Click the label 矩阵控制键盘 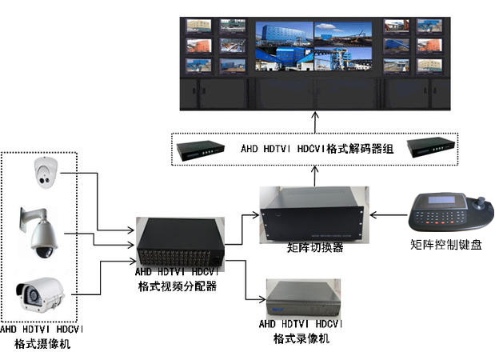(x=445, y=246)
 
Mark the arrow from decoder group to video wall (x=315, y=122)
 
